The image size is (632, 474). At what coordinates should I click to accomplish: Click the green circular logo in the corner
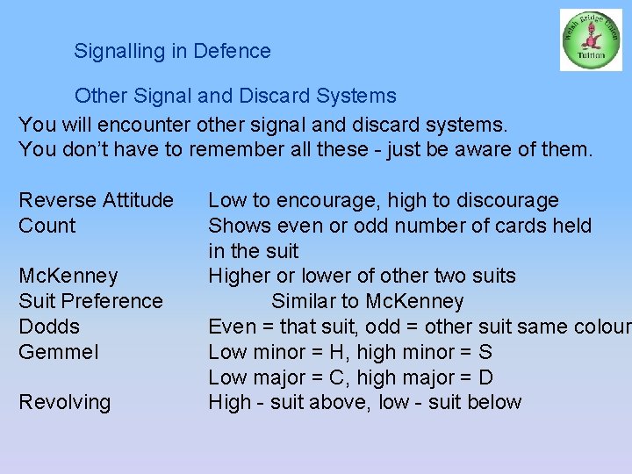coord(591,39)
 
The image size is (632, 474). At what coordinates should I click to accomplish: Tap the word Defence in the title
coord(233,51)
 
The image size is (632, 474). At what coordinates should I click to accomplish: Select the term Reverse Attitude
coord(96,200)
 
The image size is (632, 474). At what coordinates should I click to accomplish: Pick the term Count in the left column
coord(47,226)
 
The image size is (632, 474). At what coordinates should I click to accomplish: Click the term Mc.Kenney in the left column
coord(68,276)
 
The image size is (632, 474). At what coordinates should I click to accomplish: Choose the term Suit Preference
coord(90,301)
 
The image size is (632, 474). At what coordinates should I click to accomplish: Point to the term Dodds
coord(49,327)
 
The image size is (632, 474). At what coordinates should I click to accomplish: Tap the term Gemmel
coord(59,352)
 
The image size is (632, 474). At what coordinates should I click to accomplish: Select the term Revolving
coord(65,403)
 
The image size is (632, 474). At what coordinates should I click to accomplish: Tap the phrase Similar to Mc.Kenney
coord(367,302)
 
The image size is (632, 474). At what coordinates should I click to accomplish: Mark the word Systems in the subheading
coord(359,96)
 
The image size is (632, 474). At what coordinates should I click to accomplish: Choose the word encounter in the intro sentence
coord(150,124)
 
